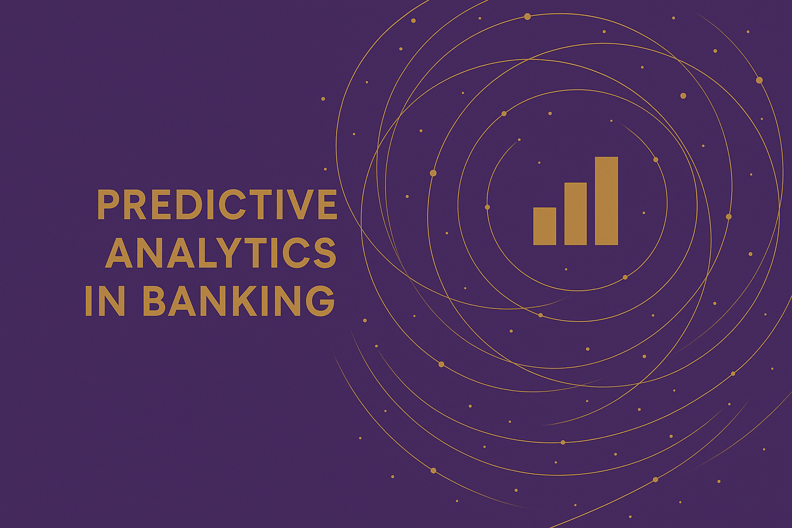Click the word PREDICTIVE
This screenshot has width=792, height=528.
[x=217, y=205]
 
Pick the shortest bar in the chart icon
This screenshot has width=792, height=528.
[x=544, y=226]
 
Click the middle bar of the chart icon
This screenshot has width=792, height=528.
[x=575, y=213]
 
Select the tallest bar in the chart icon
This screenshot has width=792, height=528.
[x=606, y=201]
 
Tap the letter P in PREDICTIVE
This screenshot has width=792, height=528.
[x=107, y=205]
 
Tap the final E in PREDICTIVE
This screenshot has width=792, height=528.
[x=327, y=205]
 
